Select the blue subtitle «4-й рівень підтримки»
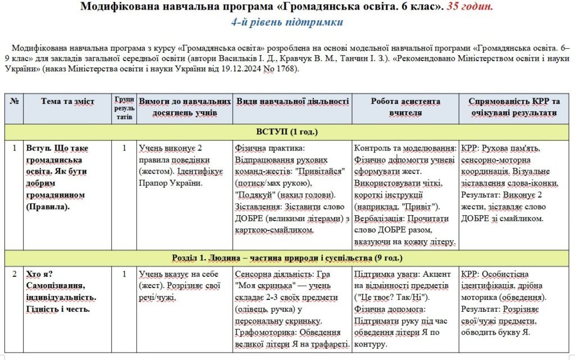pyautogui.click(x=287, y=22)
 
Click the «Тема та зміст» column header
pyautogui.click(x=68, y=102)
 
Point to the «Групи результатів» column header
pyautogui.click(x=124, y=107)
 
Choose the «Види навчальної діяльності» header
pyautogui.click(x=293, y=102)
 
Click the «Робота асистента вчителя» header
pyautogui.click(x=405, y=107)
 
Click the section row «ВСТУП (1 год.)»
pyautogui.click(x=287, y=132)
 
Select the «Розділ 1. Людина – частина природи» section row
pyautogui.click(x=287, y=258)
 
